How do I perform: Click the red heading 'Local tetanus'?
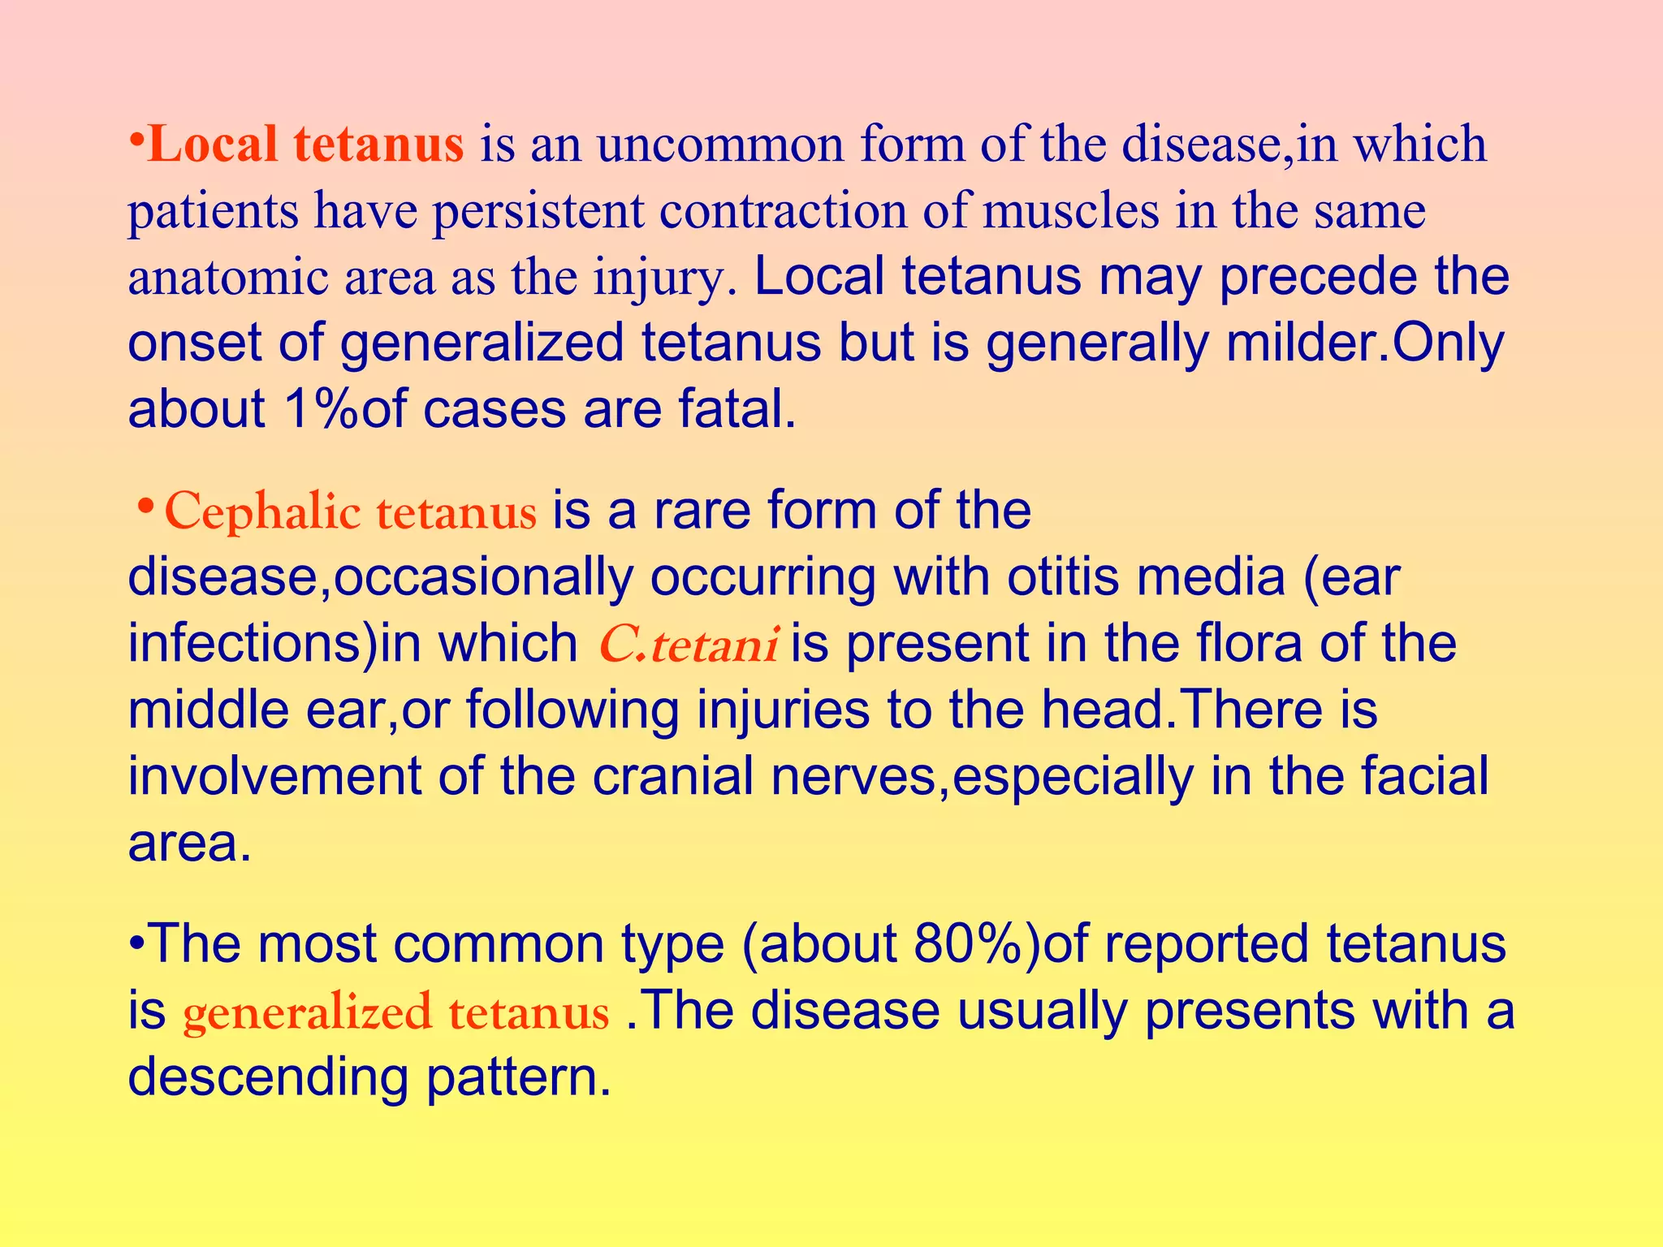pyautogui.click(x=307, y=145)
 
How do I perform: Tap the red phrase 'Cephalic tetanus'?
pyautogui.click(x=350, y=511)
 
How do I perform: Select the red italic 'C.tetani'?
pyautogui.click(x=689, y=645)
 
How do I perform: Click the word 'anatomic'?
pyautogui.click(x=227, y=278)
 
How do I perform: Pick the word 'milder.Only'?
pyautogui.click(x=1365, y=343)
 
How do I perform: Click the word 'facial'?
pyautogui.click(x=1425, y=776)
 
